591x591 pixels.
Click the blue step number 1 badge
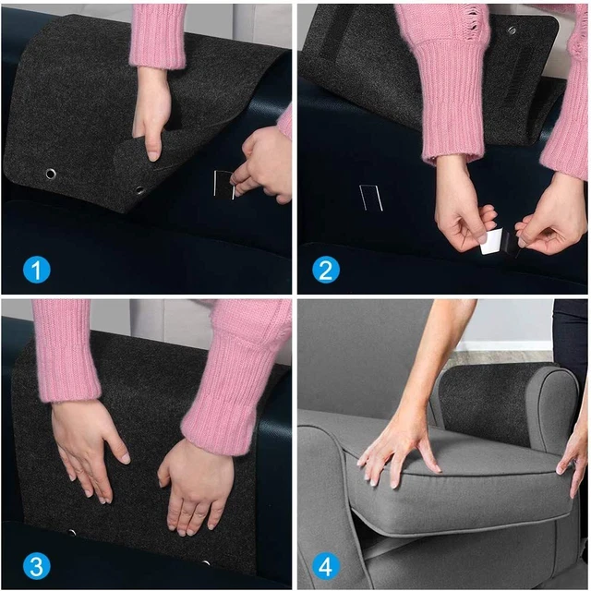(36, 270)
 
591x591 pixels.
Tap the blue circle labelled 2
(325, 270)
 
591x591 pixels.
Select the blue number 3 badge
(36, 564)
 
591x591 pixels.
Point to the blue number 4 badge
(325, 564)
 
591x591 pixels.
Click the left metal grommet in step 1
(50, 174)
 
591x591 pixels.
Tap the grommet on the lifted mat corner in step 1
(140, 190)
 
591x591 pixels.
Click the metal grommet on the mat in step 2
(512, 30)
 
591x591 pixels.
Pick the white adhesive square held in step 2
(490, 242)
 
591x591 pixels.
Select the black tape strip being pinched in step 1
(223, 184)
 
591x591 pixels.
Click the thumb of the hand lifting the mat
(153, 142)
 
